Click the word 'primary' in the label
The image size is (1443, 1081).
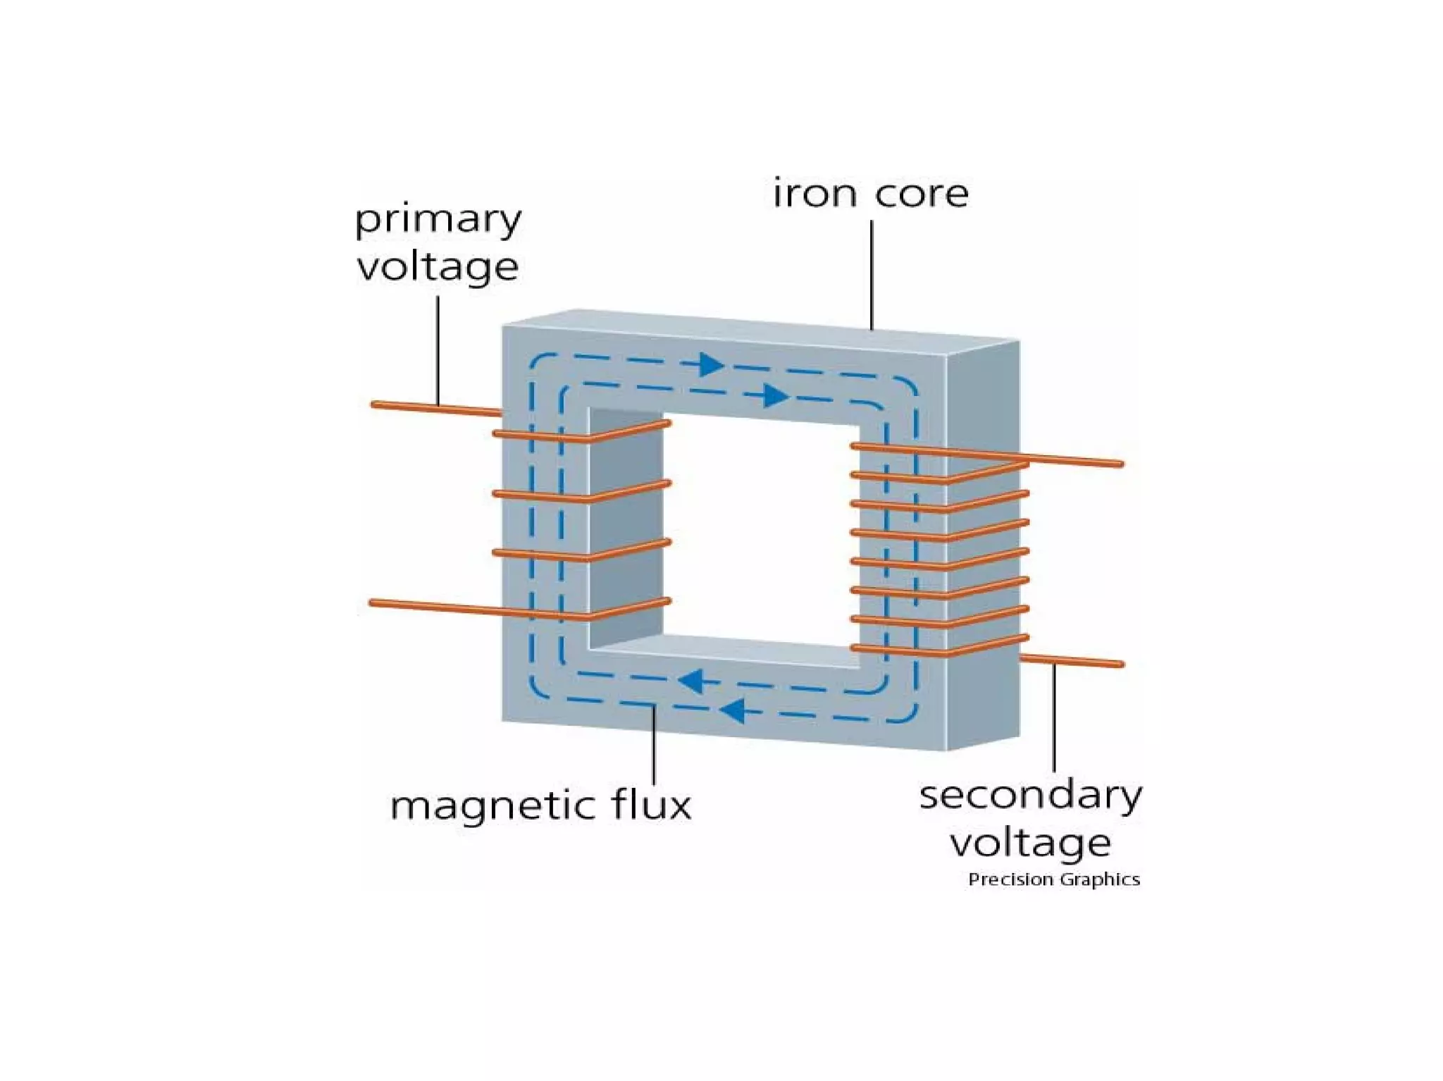(x=438, y=221)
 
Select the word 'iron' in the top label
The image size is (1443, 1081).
(x=815, y=194)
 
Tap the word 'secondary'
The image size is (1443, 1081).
(x=1030, y=796)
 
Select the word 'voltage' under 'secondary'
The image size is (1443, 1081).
(x=1030, y=843)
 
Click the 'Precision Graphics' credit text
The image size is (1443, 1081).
(x=1053, y=879)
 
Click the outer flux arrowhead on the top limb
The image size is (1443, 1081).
(x=712, y=365)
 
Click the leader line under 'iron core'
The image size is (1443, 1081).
(x=872, y=275)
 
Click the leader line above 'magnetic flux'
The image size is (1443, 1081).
(x=654, y=744)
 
